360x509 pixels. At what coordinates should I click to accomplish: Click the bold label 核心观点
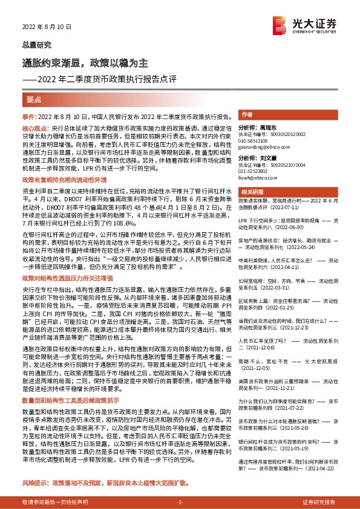click(36, 129)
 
